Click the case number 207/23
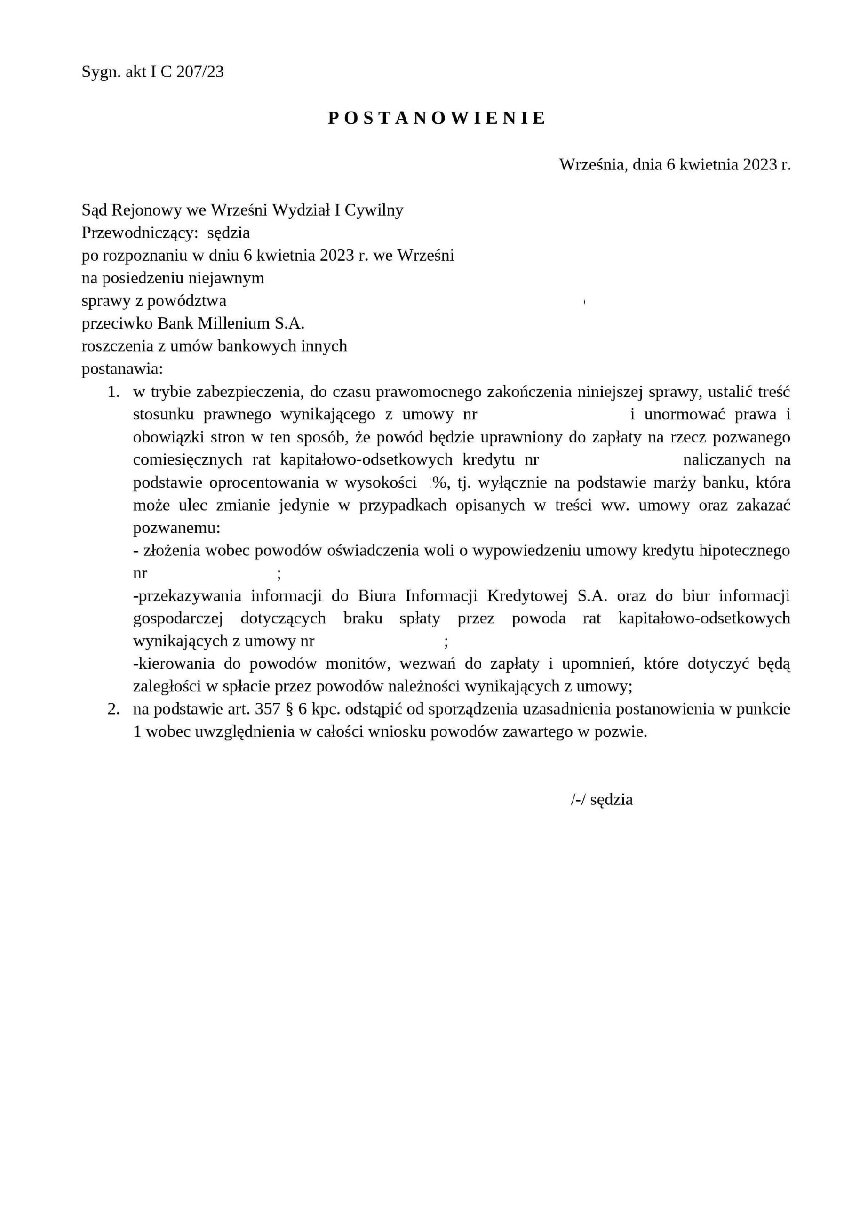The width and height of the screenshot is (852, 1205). [x=200, y=72]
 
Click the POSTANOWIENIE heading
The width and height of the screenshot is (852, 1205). [x=437, y=118]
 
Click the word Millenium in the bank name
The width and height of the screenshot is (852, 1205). [x=233, y=324]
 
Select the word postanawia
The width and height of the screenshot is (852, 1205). [x=122, y=369]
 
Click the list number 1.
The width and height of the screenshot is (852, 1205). [x=113, y=392]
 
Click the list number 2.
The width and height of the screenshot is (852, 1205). [x=113, y=709]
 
